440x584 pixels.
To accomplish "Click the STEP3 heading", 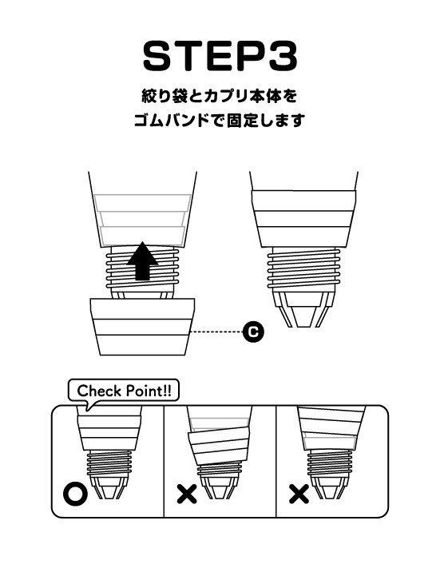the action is (x=220, y=56).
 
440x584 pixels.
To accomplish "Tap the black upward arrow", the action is (x=142, y=260).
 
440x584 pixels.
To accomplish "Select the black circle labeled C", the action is (x=253, y=331).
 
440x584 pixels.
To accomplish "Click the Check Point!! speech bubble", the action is (x=124, y=391).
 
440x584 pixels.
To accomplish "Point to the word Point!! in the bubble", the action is (x=149, y=391).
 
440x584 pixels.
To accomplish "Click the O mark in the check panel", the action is (x=76, y=494).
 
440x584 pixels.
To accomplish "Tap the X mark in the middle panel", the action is (x=187, y=494).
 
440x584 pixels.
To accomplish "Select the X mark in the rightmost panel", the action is (x=299, y=494).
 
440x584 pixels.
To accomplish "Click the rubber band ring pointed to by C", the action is (x=142, y=327).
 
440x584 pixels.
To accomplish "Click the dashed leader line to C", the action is (x=216, y=331).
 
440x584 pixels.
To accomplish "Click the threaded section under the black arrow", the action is (x=142, y=269).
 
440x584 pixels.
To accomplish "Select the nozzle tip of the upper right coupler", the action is (x=304, y=309).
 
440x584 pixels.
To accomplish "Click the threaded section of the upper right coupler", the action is (x=304, y=270).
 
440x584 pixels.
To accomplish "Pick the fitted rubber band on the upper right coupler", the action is (x=303, y=219).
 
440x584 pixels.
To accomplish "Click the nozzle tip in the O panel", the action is (x=110, y=487).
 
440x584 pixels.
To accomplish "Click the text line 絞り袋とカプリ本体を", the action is (x=220, y=97).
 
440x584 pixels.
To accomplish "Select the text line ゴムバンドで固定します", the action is (x=220, y=121).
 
